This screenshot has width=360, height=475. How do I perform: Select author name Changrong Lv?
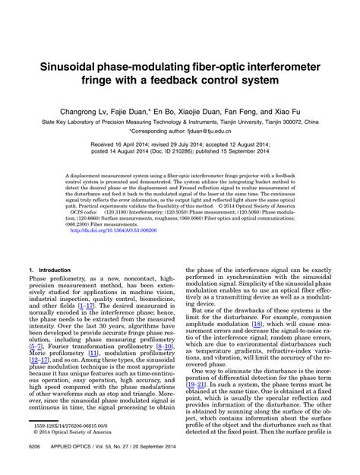point(85,109)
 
